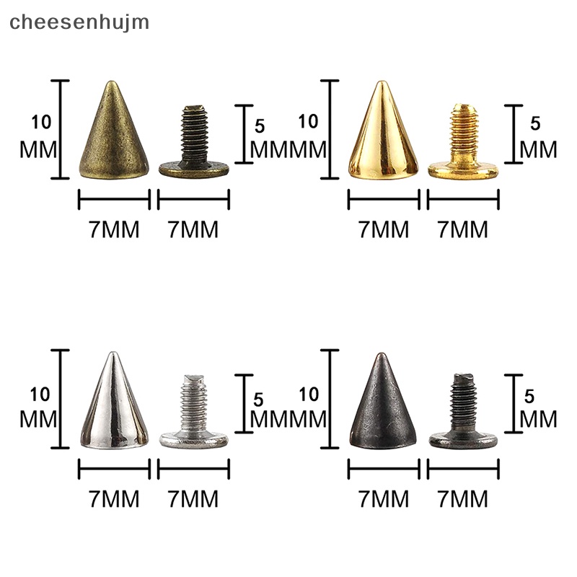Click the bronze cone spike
click(x=114, y=137)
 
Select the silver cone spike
click(x=113, y=408)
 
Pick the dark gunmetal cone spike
click(x=382, y=408)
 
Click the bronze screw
click(x=193, y=144)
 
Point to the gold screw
click(x=462, y=144)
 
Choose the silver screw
click(x=193, y=415)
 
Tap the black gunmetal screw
click(x=462, y=415)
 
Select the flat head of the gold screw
click(x=463, y=169)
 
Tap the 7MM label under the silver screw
click(x=193, y=498)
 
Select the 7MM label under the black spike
click(x=384, y=498)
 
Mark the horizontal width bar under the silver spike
click(x=114, y=470)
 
